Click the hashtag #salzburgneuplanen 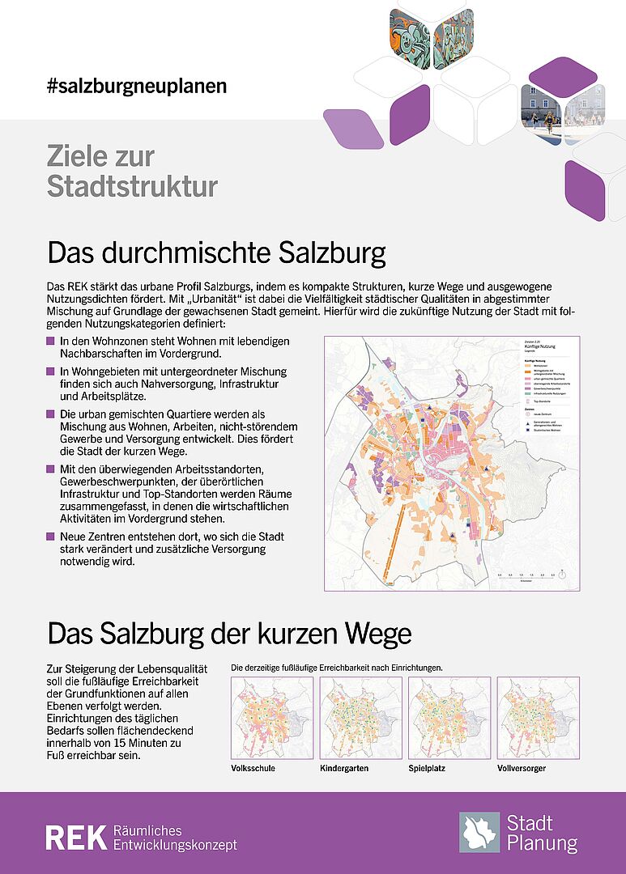click(x=137, y=85)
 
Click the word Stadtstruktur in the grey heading click(x=132, y=186)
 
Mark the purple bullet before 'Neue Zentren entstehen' click(x=52, y=537)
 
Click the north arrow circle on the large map click(x=564, y=574)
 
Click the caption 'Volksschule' click(x=253, y=767)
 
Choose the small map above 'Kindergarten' click(x=360, y=718)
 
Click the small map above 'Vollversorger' click(x=537, y=718)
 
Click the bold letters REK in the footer click(x=75, y=838)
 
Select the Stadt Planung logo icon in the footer click(x=479, y=833)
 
